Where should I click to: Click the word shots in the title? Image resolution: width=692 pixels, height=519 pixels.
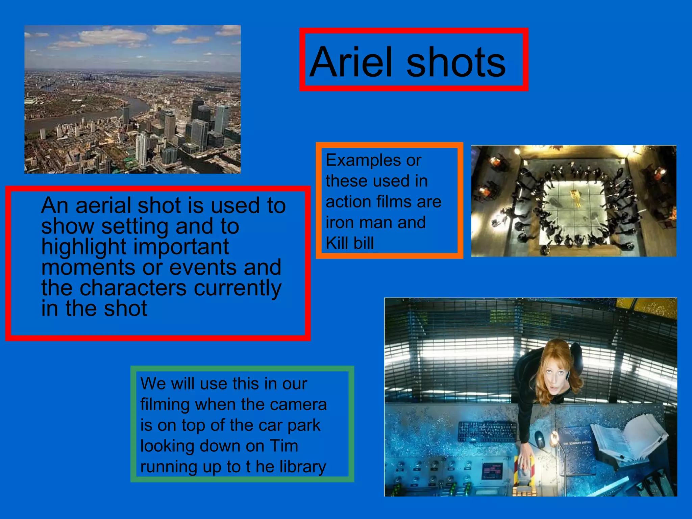pyautogui.click(x=456, y=63)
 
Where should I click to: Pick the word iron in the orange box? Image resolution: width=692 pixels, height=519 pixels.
pyautogui.click(x=338, y=222)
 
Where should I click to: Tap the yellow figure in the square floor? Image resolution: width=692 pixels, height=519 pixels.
pyautogui.click(x=574, y=198)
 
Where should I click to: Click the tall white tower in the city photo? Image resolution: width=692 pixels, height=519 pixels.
pyautogui.click(x=141, y=149)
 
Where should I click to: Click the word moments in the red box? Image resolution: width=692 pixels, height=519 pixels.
pyautogui.click(x=88, y=267)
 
